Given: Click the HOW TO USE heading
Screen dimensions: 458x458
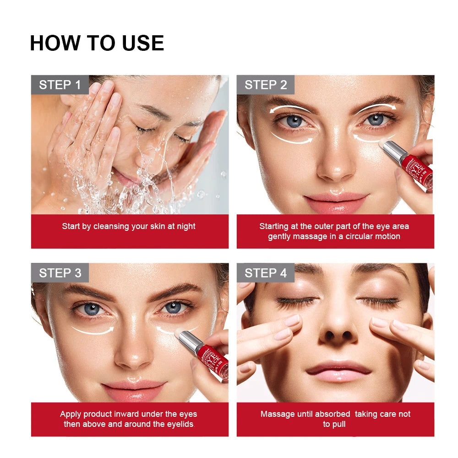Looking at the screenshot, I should [97, 43].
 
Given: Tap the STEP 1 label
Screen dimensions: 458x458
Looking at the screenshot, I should [60, 85].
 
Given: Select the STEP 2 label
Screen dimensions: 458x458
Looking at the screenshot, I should [266, 85].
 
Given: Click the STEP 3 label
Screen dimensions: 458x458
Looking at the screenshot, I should [60, 273].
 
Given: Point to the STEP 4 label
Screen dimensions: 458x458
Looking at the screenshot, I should [266, 273].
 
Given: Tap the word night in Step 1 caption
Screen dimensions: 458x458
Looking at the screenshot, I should [185, 226].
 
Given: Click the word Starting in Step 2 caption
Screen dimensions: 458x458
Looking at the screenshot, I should [274, 226].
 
